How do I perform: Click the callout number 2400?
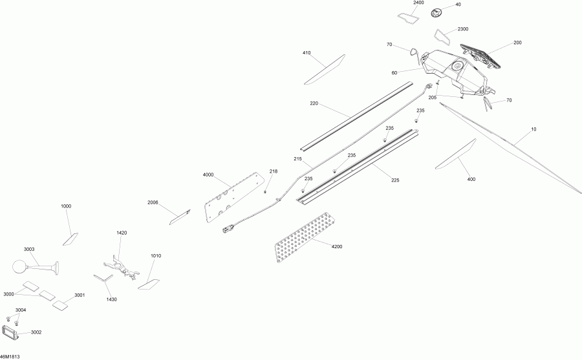pyautogui.click(x=418, y=3)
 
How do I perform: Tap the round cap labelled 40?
pyautogui.click(x=437, y=13)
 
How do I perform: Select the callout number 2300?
pyautogui.click(x=463, y=29)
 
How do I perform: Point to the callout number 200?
pyautogui.click(x=517, y=43)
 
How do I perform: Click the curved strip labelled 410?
pyautogui.click(x=325, y=70)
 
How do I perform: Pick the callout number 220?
pyautogui.click(x=314, y=103)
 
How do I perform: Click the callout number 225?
pyautogui.click(x=395, y=180)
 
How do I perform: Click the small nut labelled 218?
pyautogui.click(x=265, y=192)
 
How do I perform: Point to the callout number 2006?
pyautogui.click(x=153, y=202)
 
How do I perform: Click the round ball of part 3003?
pyautogui.click(x=19, y=266)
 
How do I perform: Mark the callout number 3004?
pyautogui.click(x=21, y=310)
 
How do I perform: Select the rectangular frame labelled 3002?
pyautogui.click(x=10, y=333)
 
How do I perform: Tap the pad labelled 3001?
pyautogui.click(x=59, y=305)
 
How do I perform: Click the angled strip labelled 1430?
pyautogui.click(x=103, y=279)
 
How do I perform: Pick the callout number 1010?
pyautogui.click(x=156, y=256)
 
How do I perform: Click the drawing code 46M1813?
pyautogui.click(x=10, y=357)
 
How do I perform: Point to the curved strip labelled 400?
pyautogui.click(x=456, y=154)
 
